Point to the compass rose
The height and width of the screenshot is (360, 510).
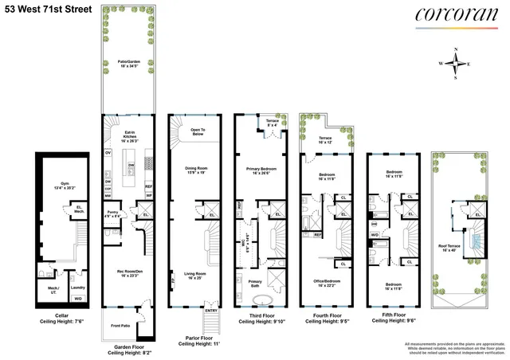point(455,64)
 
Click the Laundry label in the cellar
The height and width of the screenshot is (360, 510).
point(78,288)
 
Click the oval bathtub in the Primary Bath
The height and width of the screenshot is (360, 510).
point(261,301)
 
